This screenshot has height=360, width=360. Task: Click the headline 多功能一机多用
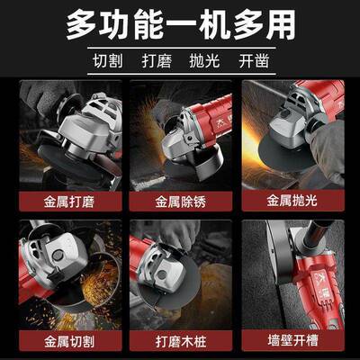(180, 25)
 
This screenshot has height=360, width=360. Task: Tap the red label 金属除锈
(180, 203)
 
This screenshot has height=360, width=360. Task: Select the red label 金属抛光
(292, 203)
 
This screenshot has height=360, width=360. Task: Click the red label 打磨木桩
(180, 343)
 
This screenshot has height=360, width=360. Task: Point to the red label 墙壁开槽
(292, 343)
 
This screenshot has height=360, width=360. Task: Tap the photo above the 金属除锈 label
(180, 135)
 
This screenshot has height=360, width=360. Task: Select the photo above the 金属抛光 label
(292, 135)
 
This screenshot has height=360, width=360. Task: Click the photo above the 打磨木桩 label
(180, 274)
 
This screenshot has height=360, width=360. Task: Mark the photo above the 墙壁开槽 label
(292, 274)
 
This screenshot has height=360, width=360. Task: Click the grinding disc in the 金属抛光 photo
(270, 166)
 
